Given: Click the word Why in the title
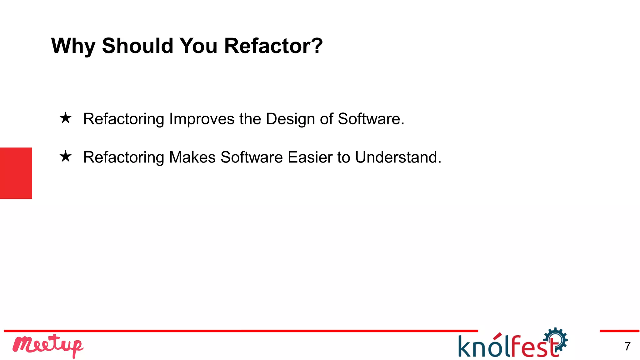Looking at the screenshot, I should click(x=73, y=46).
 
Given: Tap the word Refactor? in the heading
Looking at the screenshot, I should click(x=273, y=46).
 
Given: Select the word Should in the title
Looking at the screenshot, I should click(x=137, y=46).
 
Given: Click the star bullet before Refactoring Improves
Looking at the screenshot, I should click(x=66, y=118).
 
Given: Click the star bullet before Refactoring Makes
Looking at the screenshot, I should click(x=66, y=157).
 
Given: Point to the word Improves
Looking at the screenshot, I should click(x=202, y=119).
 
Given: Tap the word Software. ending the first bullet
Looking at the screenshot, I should click(x=371, y=119).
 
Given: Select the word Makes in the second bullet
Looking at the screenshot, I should click(x=192, y=157).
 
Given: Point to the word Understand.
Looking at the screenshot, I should click(x=398, y=157).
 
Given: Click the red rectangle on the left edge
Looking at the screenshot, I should click(x=16, y=173).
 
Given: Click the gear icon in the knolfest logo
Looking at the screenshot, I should click(x=556, y=339).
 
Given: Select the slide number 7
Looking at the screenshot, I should click(x=627, y=346).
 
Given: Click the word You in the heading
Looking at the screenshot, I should click(x=198, y=46).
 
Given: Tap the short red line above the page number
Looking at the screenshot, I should click(x=619, y=331).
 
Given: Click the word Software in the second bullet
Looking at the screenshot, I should click(x=252, y=157).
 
